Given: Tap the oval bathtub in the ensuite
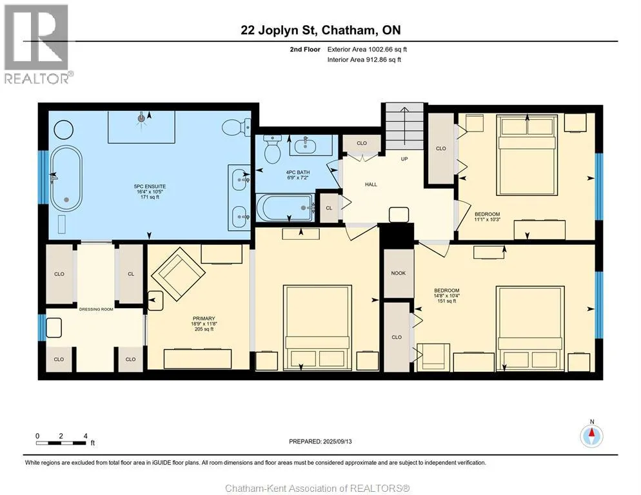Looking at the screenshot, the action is [66, 179].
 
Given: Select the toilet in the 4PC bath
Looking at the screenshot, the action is [272, 149].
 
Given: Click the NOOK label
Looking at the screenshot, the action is [398, 273].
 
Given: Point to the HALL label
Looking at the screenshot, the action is [371, 184].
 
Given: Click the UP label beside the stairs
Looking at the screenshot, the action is [404, 159].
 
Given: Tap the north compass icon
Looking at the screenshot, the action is [591, 436].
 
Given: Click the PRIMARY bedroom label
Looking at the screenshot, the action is [204, 318].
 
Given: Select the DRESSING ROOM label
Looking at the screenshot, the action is [95, 309].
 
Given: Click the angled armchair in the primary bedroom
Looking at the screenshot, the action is [178, 274].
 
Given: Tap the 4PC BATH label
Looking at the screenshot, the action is [298, 173].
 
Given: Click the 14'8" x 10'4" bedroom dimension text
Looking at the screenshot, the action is [446, 296].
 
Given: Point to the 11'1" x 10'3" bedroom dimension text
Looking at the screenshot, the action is [488, 220].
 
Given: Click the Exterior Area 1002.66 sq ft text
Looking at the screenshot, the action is [367, 50].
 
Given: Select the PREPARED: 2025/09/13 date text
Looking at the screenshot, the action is [320, 442].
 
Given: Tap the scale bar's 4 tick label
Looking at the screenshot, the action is [85, 436].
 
